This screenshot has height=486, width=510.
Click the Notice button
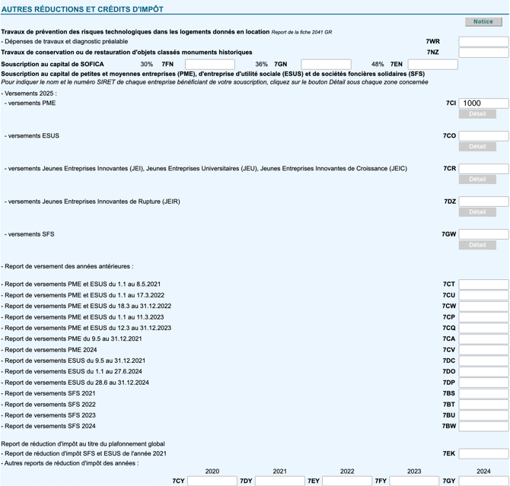483,22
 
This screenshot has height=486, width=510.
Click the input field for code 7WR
483,42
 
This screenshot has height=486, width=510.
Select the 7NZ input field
483,53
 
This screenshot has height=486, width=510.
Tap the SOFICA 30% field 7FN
209,65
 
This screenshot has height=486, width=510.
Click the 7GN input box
326,65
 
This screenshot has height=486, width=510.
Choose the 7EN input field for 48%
432,65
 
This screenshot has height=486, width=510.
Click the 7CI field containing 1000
483,103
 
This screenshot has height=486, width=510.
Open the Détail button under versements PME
477,114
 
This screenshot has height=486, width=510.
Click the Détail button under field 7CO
477,147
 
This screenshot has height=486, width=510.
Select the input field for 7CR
483,169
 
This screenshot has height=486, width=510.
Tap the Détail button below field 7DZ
477,212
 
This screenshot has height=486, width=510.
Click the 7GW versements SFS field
483,234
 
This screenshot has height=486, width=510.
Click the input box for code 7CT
483,284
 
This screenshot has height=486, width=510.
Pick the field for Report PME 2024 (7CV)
483,350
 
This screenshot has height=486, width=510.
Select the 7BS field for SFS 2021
483,394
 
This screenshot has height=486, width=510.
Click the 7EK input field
483,454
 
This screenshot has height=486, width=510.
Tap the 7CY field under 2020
212,481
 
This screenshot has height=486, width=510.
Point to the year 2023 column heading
414,472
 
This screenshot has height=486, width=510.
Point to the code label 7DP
448,383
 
